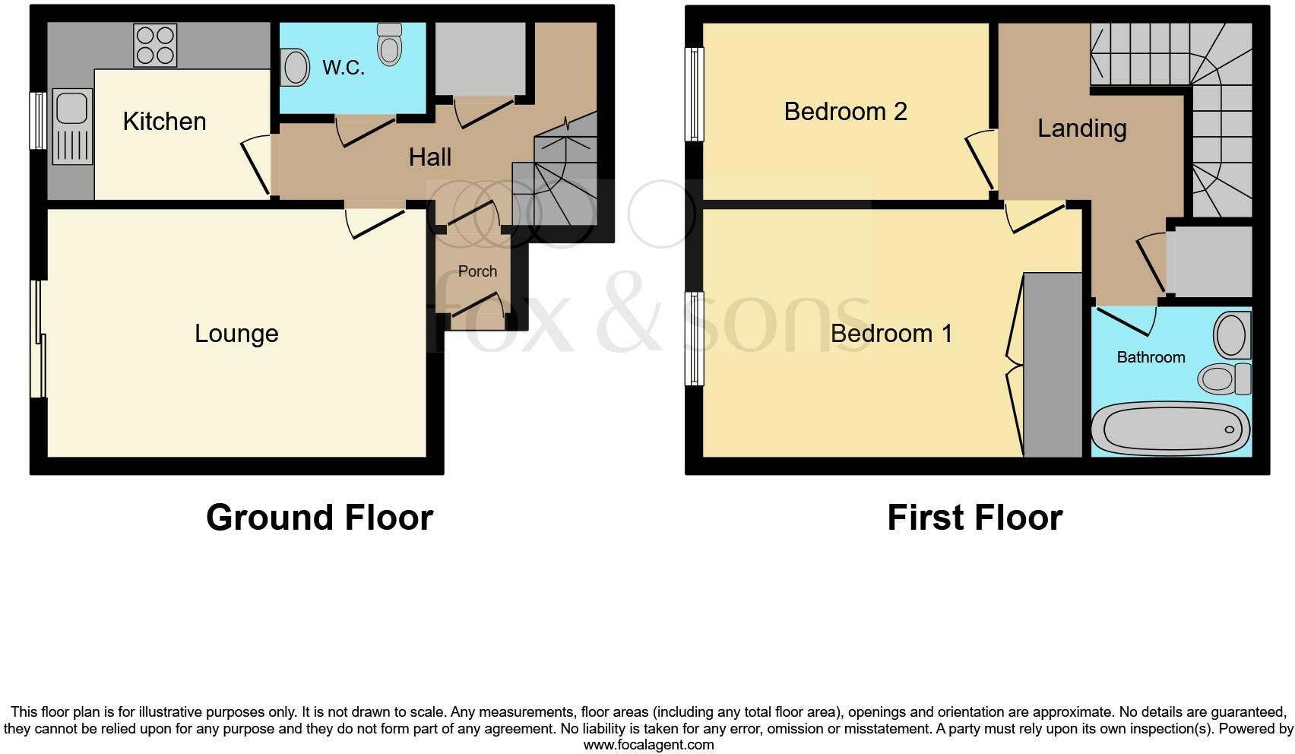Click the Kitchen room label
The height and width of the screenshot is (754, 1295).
coord(164,122)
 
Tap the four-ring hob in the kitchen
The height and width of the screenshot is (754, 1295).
coord(155,45)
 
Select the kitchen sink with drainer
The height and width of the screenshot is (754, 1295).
coord(72,127)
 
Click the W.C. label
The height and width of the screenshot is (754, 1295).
coord(344,68)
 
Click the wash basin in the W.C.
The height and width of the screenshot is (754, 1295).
coord(295,68)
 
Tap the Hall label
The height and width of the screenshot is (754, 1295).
coord(430,157)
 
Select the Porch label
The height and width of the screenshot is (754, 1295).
coord(477,271)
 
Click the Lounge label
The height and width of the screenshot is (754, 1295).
coord(236,334)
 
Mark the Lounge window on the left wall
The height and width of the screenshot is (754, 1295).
coord(38,339)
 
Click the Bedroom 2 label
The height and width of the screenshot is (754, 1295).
coord(845,112)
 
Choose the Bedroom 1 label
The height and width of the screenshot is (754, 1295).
coord(891,334)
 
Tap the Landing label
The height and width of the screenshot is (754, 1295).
coord(1081,128)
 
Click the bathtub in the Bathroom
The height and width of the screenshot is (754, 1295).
coord(1170,429)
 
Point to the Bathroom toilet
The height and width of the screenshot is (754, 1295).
coord(1224,378)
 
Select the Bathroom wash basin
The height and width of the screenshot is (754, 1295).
coord(1231,335)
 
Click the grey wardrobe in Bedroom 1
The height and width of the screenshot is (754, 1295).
coord(1053,365)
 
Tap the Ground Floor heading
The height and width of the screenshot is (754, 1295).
coord(319,518)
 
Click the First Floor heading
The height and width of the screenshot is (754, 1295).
coord(974,518)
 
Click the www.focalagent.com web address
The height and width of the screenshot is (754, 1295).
coord(648,745)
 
